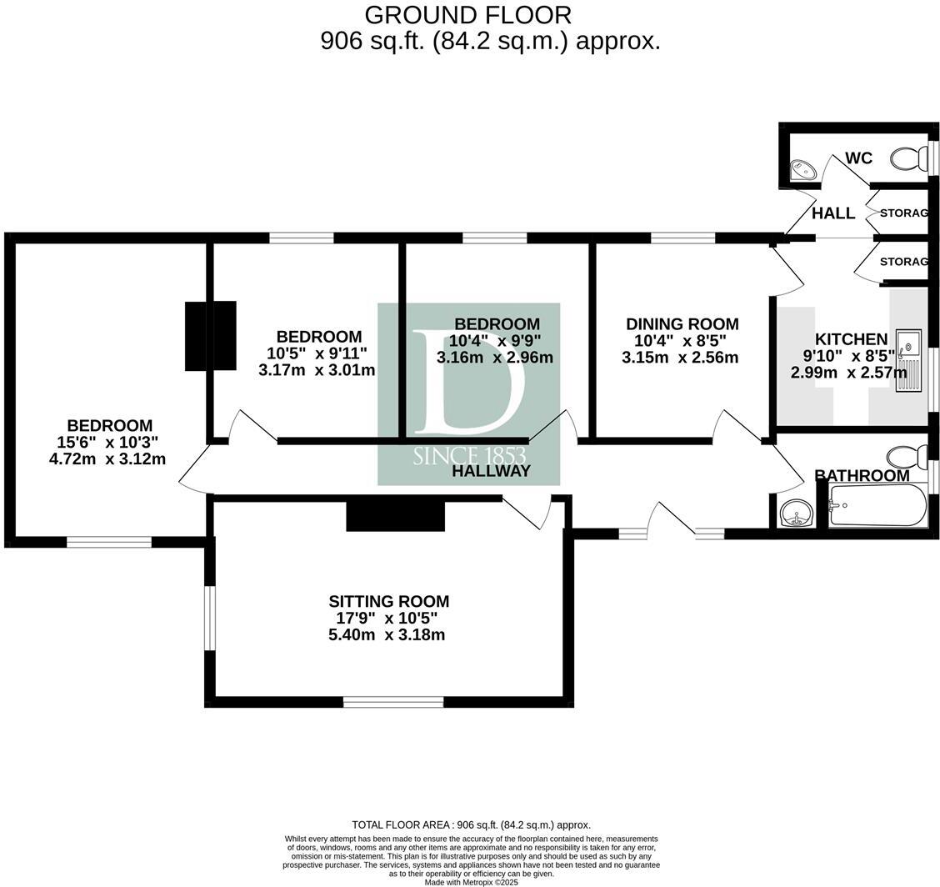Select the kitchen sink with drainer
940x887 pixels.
click(x=908, y=360)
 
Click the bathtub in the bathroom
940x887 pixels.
click(x=877, y=505)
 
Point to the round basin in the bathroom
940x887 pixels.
click(x=797, y=512)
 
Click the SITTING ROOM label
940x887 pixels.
click(x=388, y=601)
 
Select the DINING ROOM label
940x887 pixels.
click(x=682, y=324)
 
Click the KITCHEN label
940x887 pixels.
click(x=851, y=339)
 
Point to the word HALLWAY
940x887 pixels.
click(x=491, y=471)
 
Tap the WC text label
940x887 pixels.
click(x=858, y=158)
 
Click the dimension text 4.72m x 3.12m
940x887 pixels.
click(x=107, y=459)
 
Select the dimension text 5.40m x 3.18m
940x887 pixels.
click(x=387, y=635)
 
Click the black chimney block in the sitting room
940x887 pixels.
click(x=395, y=516)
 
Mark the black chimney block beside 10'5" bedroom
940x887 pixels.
click(x=210, y=335)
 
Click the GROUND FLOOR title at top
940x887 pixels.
click(x=468, y=15)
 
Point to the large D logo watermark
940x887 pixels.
click(x=468, y=382)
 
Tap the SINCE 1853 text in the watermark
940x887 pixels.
click(x=468, y=455)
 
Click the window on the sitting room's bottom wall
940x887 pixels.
click(x=392, y=702)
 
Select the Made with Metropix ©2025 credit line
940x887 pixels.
click(x=471, y=882)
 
